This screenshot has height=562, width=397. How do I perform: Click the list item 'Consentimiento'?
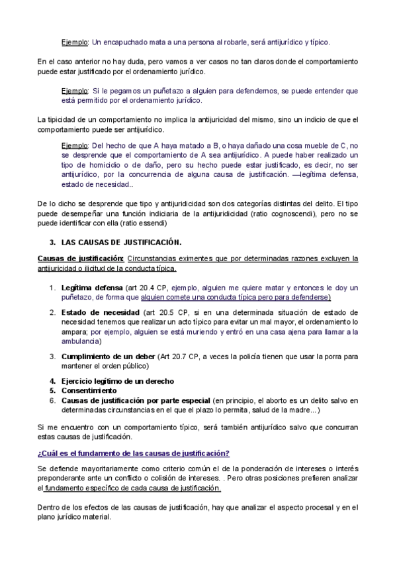click(93, 390)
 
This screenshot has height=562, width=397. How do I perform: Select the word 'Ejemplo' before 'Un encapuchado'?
click(75, 42)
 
